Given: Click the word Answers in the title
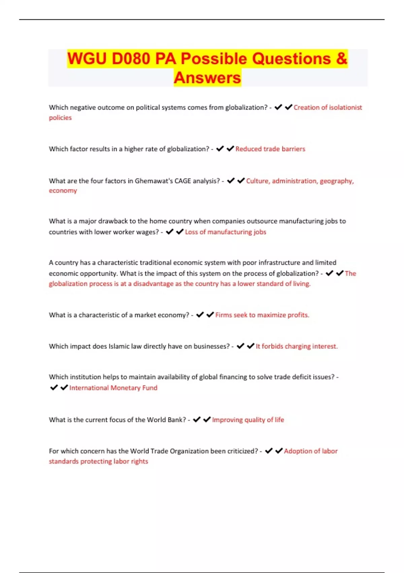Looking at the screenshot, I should (207, 78).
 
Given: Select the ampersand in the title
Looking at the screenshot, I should (341, 59).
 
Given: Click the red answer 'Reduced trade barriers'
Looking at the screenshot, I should (270, 149).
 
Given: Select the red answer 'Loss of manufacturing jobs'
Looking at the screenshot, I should (226, 232).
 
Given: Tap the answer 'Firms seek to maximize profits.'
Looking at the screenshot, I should (262, 315).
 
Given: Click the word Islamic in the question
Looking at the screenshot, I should (119, 346).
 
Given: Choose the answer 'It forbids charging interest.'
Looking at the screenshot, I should (297, 346).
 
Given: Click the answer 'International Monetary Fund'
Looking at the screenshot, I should (113, 388).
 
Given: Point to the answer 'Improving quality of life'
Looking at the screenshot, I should (248, 420).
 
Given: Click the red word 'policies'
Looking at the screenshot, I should (60, 118).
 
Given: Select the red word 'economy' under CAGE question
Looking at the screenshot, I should (63, 191).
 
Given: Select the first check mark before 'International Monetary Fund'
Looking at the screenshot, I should (54, 388).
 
